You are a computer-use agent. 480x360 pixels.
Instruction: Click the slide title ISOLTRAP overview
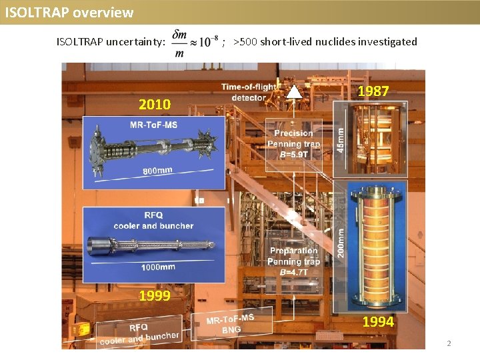click(x=69, y=13)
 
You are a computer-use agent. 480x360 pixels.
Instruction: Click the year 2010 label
click(x=155, y=104)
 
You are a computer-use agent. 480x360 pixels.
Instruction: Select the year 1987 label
click(x=373, y=91)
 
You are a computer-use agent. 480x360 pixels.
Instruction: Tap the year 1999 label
click(x=155, y=296)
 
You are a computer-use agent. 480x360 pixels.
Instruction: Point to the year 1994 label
click(x=378, y=322)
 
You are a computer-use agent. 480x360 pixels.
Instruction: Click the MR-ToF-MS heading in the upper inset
click(x=153, y=125)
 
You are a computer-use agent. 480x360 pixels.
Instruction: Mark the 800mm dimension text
click(x=157, y=171)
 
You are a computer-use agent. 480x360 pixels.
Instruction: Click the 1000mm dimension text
click(x=157, y=267)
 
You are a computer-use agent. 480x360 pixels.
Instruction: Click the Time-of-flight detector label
click(x=249, y=92)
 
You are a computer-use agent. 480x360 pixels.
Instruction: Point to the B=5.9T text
click(x=293, y=154)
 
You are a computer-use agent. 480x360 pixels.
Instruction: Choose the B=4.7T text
click(x=294, y=272)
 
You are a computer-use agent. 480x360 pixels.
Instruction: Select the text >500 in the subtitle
click(x=245, y=42)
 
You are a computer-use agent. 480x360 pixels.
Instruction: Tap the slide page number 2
click(x=449, y=343)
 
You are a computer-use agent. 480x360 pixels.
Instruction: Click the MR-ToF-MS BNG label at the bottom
click(x=230, y=324)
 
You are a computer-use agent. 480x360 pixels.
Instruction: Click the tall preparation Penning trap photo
click(x=375, y=243)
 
